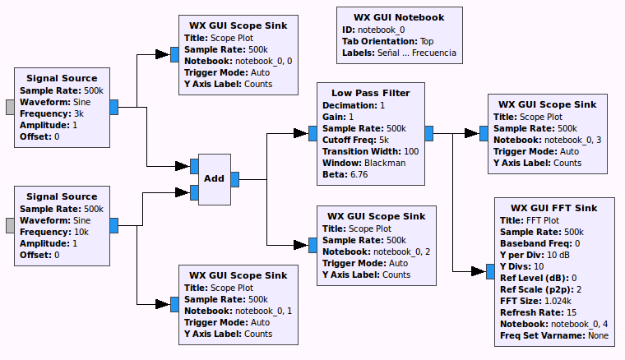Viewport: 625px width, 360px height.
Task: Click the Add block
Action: tap(214, 179)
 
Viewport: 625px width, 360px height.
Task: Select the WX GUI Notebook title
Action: tap(399, 17)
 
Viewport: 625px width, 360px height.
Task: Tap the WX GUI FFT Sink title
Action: tap(553, 207)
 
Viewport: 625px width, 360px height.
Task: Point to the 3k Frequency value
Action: tap(78, 113)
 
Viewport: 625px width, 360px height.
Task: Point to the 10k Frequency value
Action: tap(81, 232)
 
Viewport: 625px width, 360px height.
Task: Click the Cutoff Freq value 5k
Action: tap(383, 140)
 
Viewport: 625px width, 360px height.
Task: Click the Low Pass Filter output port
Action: tap(429, 133)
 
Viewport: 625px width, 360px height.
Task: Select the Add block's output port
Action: tap(235, 179)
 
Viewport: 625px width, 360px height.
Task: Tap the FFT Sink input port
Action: tap(489, 271)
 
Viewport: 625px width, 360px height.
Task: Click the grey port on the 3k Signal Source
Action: tap(10, 107)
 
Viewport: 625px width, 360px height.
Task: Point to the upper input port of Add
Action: tap(193, 166)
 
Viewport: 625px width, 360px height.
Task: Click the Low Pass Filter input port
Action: tap(312, 133)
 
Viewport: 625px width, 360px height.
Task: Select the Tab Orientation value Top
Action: tap(427, 41)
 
